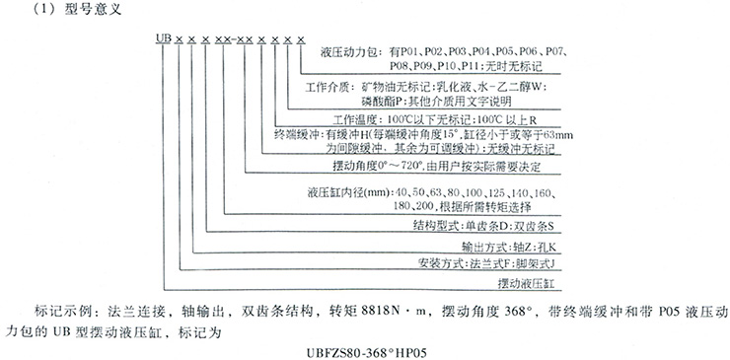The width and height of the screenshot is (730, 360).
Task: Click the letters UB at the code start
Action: pos(158,38)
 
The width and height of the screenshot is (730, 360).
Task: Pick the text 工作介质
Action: pos(328,86)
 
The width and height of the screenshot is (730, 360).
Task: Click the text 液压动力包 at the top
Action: pos(344,48)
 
